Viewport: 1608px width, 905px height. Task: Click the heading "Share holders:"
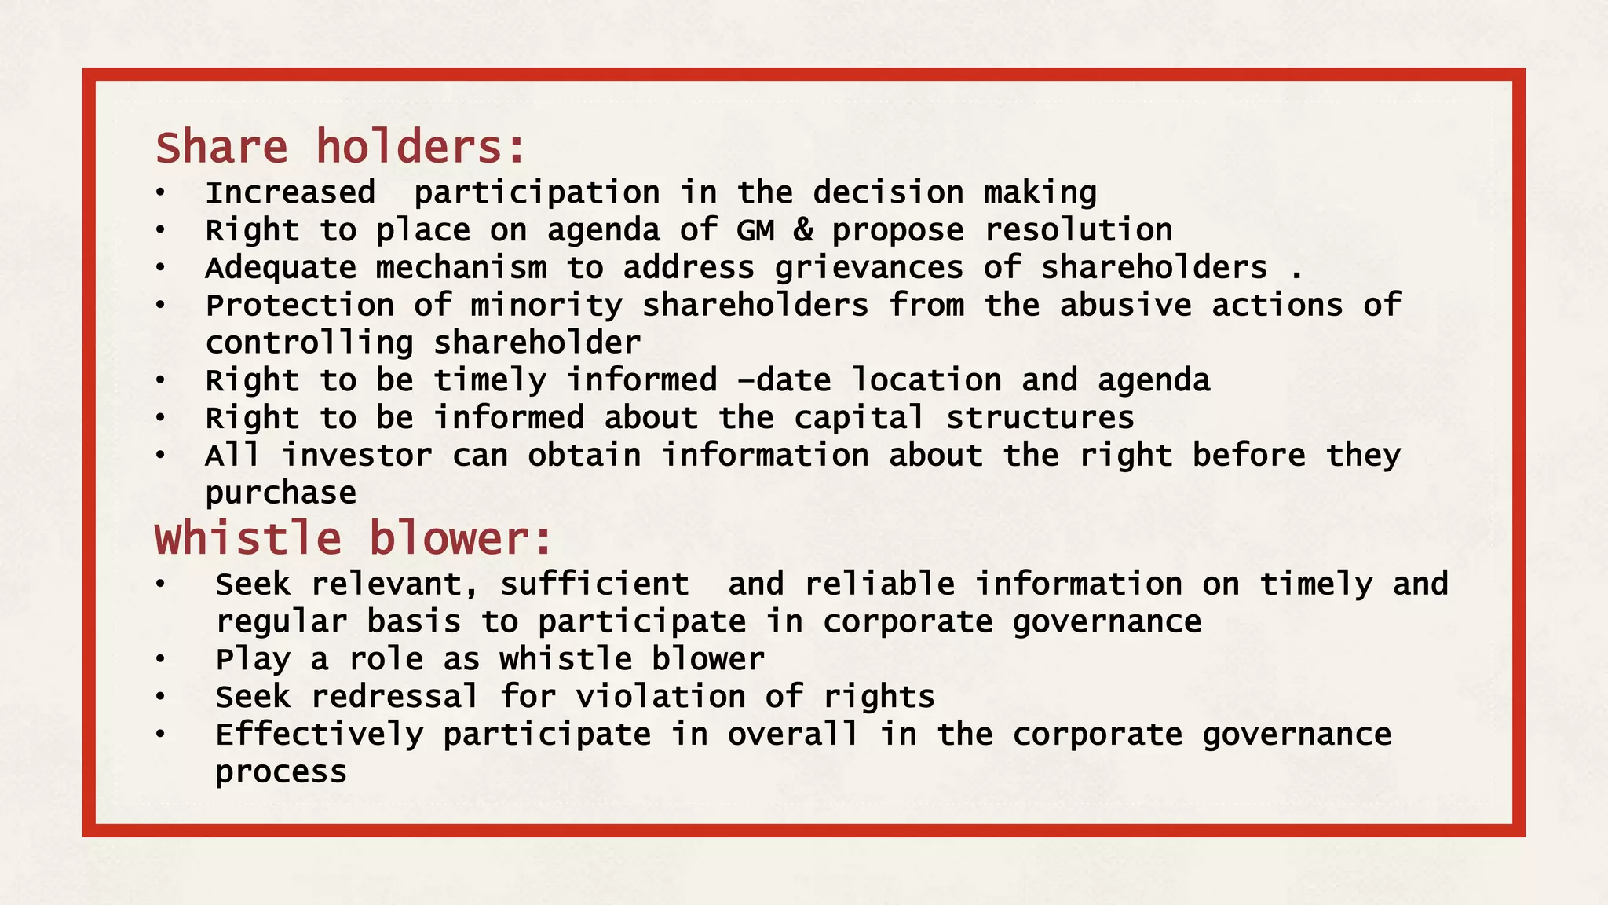pos(340,148)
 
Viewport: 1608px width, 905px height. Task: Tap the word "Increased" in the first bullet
pos(290,193)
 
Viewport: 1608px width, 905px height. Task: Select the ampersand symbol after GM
pos(802,231)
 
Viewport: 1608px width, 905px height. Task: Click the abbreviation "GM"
pos(755,231)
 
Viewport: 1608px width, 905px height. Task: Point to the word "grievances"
pos(868,269)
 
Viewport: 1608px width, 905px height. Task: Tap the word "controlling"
pos(309,343)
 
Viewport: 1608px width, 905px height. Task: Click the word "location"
pos(926,381)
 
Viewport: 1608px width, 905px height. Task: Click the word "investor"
pos(356,456)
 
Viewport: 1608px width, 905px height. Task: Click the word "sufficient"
pos(594,585)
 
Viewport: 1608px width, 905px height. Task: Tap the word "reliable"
pos(879,585)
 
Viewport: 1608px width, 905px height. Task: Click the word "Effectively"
pos(319,735)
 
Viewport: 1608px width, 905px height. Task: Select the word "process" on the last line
pos(280,773)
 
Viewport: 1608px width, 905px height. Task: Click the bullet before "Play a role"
pos(160,660)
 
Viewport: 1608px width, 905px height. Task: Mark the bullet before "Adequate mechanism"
pos(160,269)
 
